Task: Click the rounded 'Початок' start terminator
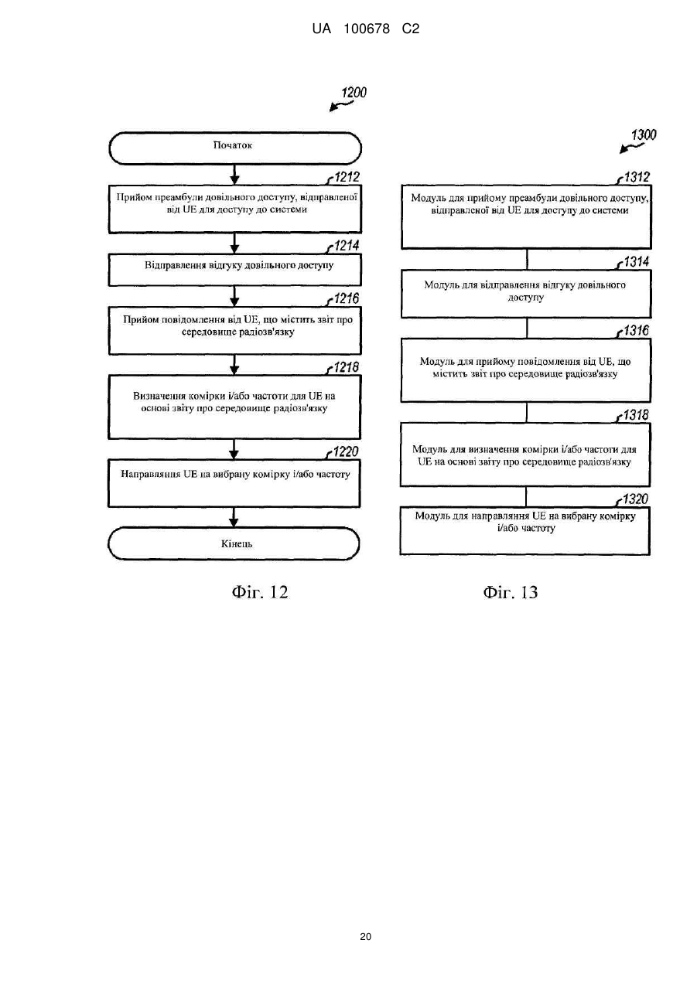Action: (x=235, y=148)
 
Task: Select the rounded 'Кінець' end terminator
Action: (x=234, y=543)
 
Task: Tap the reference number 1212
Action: (x=347, y=177)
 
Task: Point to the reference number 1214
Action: (x=347, y=246)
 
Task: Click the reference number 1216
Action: (x=347, y=298)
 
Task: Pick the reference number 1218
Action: (x=346, y=367)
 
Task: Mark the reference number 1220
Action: (x=346, y=451)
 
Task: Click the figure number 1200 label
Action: (x=354, y=93)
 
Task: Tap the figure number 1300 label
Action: (x=644, y=134)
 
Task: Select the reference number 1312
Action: (x=637, y=177)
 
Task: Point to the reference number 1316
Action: (x=637, y=331)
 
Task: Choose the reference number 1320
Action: (x=635, y=499)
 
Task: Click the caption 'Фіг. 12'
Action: (x=260, y=593)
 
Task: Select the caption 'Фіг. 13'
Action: (x=511, y=593)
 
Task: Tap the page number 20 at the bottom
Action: (x=365, y=937)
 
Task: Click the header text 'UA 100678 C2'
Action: (x=366, y=29)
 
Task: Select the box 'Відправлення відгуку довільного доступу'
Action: (x=235, y=271)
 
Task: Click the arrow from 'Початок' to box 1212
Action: (x=235, y=175)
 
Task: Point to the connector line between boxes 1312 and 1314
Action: (x=527, y=260)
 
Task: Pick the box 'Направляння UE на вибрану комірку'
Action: (x=234, y=483)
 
